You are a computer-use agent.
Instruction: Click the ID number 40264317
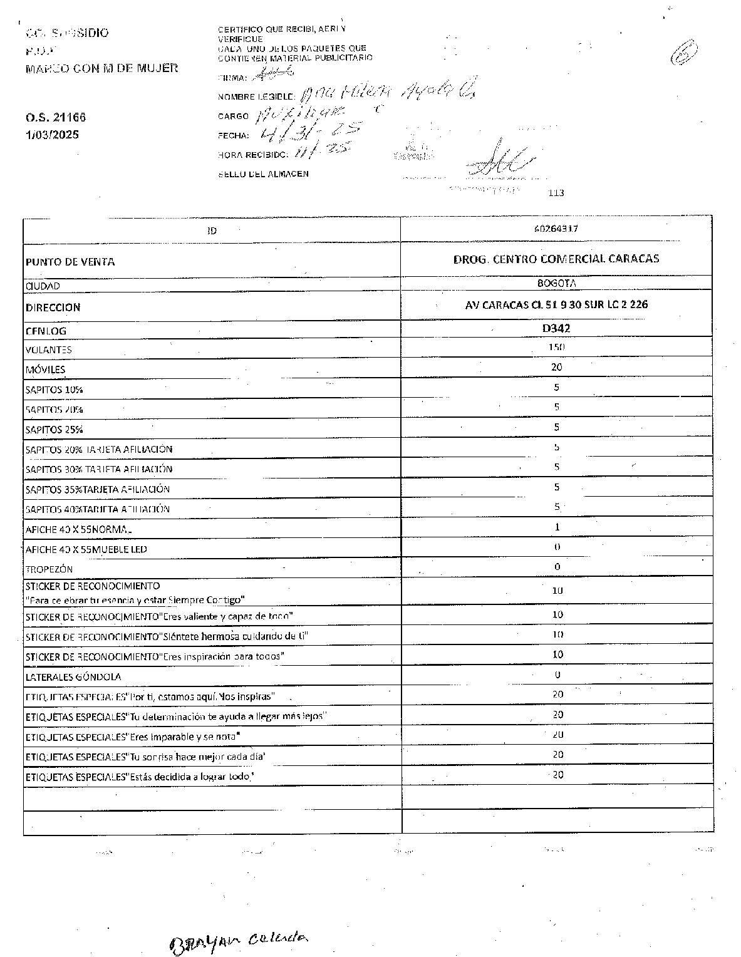point(556,229)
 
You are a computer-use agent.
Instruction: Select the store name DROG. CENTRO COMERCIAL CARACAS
point(556,259)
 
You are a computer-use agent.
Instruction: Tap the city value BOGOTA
point(556,283)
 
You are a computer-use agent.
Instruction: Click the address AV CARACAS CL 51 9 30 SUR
point(556,305)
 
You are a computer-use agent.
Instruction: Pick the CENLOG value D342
point(556,328)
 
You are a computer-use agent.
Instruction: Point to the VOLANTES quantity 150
point(556,348)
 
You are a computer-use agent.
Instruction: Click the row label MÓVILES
point(45,370)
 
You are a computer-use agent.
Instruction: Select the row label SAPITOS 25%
point(54,430)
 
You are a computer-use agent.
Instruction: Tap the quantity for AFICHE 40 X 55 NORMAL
point(557,527)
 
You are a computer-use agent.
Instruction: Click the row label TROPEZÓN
point(49,569)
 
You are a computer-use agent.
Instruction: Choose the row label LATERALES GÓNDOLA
point(73,677)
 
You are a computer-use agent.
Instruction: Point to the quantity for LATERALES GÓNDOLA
point(557,675)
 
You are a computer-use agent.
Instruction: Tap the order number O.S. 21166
point(56,117)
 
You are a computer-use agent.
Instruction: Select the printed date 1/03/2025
point(53,135)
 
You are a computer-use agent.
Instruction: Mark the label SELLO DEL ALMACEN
point(263,174)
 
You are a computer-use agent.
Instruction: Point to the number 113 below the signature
point(556,193)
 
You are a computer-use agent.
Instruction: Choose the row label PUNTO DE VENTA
point(70,262)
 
